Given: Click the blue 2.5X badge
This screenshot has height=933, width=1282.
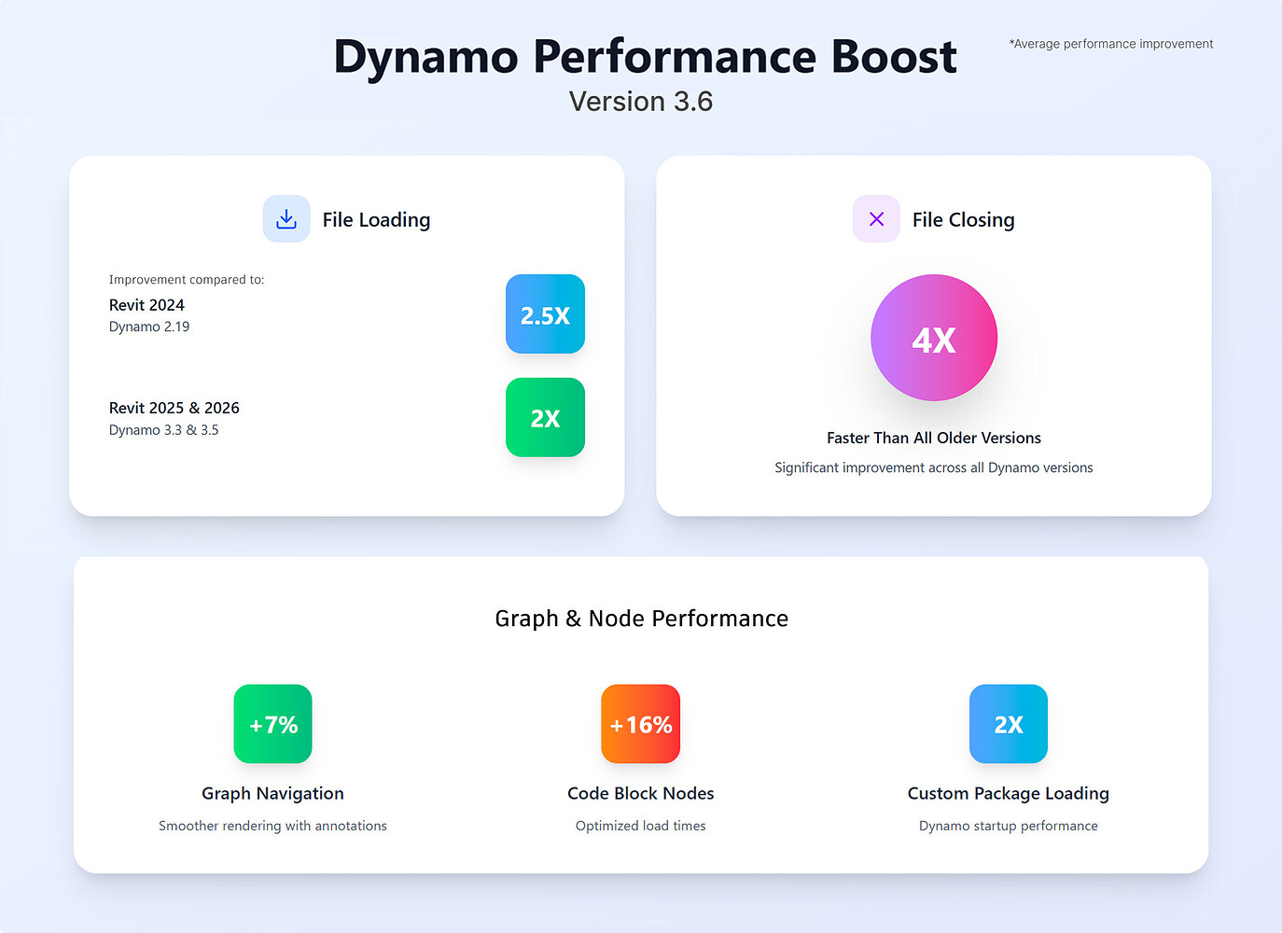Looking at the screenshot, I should [545, 314].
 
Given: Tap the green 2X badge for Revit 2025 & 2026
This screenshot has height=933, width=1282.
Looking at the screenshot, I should [545, 418].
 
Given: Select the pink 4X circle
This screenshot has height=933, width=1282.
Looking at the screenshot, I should [933, 338].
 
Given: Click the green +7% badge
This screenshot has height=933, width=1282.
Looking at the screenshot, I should [272, 724].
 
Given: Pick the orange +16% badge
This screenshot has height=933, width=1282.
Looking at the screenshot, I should [640, 724].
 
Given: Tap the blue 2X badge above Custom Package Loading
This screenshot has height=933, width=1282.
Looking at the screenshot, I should [1008, 724].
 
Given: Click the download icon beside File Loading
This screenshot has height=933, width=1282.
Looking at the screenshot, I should [286, 219].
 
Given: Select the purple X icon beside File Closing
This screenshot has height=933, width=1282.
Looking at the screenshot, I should [876, 219].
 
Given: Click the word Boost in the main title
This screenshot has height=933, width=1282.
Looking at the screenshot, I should [893, 57].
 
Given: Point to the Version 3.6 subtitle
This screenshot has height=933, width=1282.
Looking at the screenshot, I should [641, 102].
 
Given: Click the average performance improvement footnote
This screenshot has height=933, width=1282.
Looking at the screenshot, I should [1110, 44].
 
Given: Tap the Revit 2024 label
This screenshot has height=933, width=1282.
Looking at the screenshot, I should [146, 305].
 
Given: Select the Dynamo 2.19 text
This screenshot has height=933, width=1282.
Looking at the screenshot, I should [149, 327].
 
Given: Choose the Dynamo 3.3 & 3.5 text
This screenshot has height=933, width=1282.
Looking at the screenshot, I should [163, 430].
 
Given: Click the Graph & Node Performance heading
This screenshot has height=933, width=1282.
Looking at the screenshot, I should [641, 619].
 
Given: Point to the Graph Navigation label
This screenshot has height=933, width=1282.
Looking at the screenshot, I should [272, 793].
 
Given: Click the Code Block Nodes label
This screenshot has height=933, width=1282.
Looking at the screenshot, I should [640, 793].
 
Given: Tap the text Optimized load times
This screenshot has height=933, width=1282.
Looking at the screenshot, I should [640, 826].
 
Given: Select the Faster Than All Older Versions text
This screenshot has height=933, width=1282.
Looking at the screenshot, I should [933, 438].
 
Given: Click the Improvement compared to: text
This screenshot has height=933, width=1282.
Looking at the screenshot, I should [187, 280].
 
